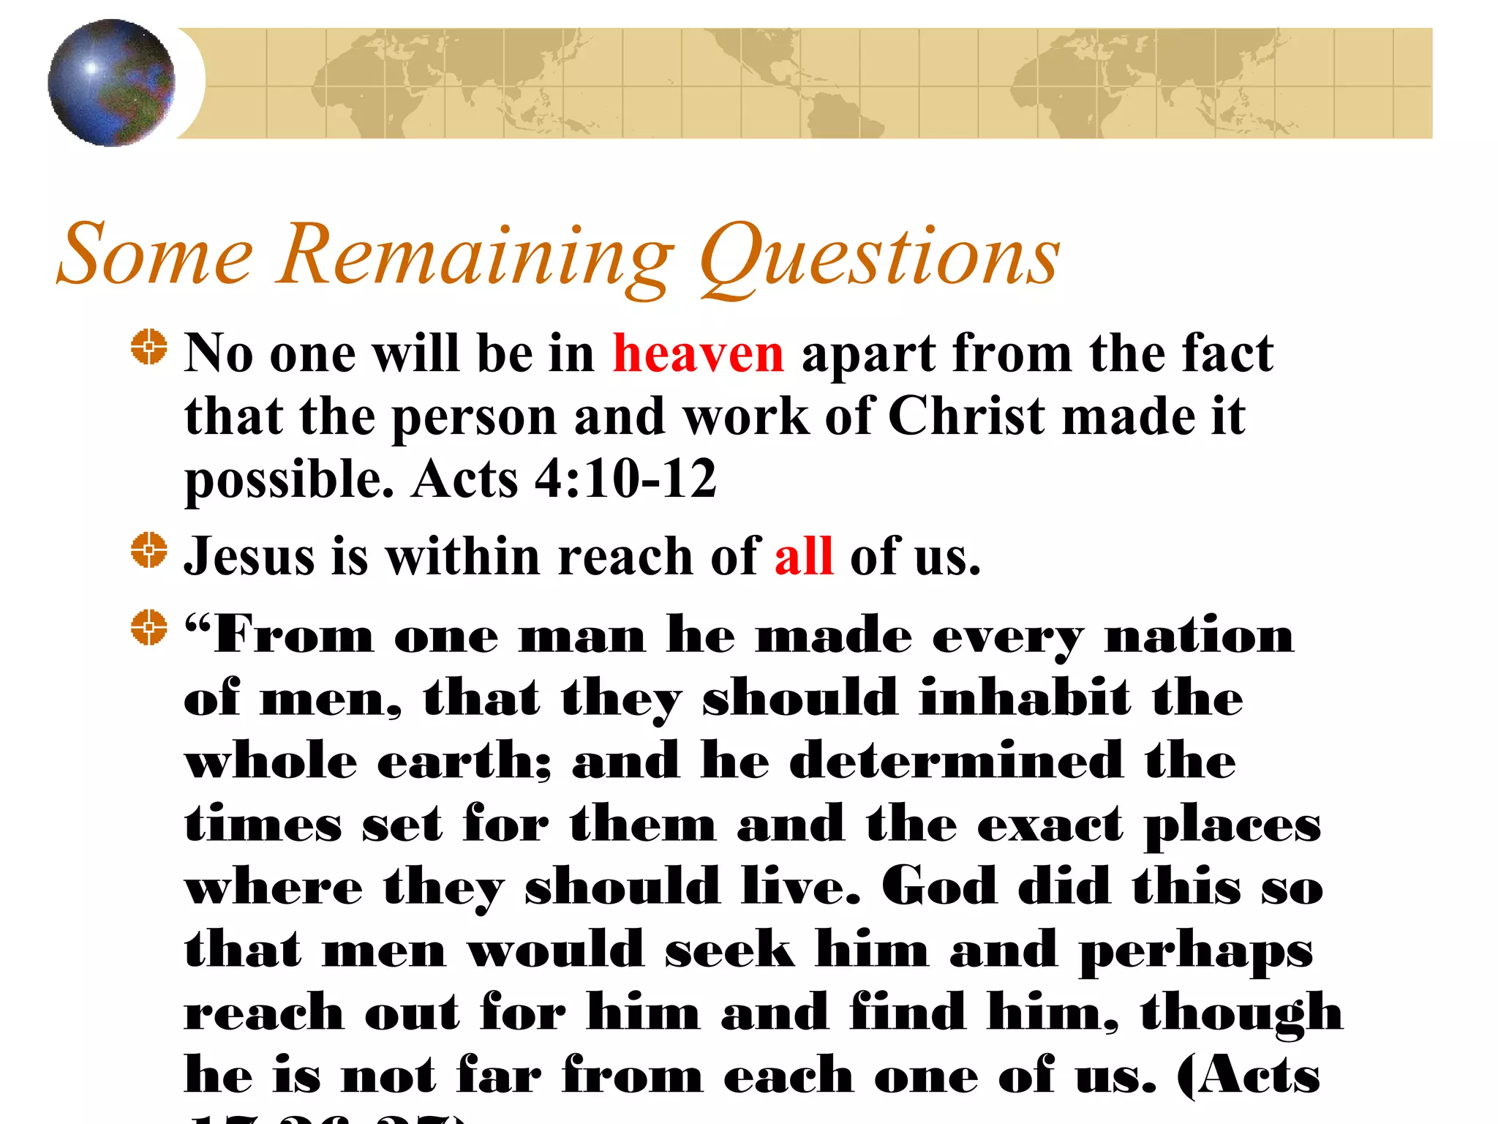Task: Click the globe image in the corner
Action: [111, 83]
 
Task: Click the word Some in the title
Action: [155, 254]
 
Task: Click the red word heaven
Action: [698, 353]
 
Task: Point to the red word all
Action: [803, 556]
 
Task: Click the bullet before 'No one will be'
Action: [149, 347]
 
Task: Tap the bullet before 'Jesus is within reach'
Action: [149, 550]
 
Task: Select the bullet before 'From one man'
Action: [149, 627]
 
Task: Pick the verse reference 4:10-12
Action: [625, 479]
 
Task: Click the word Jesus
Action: [249, 556]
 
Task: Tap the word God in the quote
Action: [938, 887]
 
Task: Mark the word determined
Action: [956, 761]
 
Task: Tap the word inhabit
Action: [1025, 698]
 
